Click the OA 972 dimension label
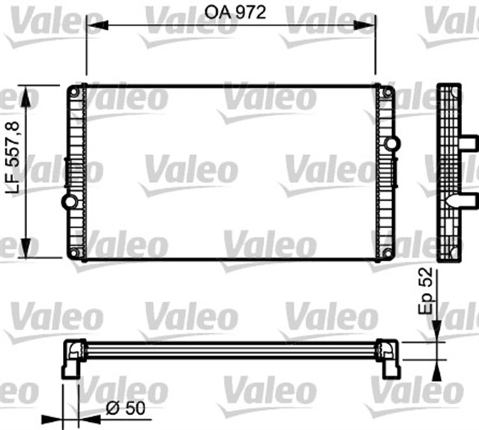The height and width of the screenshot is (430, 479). click(x=230, y=12)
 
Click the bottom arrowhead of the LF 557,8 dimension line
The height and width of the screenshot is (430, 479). click(x=28, y=252)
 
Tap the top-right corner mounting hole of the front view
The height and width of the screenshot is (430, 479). click(x=388, y=93)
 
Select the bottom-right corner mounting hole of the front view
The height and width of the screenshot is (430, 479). click(x=388, y=252)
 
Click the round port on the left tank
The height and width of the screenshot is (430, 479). click(x=70, y=201)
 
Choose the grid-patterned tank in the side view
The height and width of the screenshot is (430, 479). click(x=448, y=172)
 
